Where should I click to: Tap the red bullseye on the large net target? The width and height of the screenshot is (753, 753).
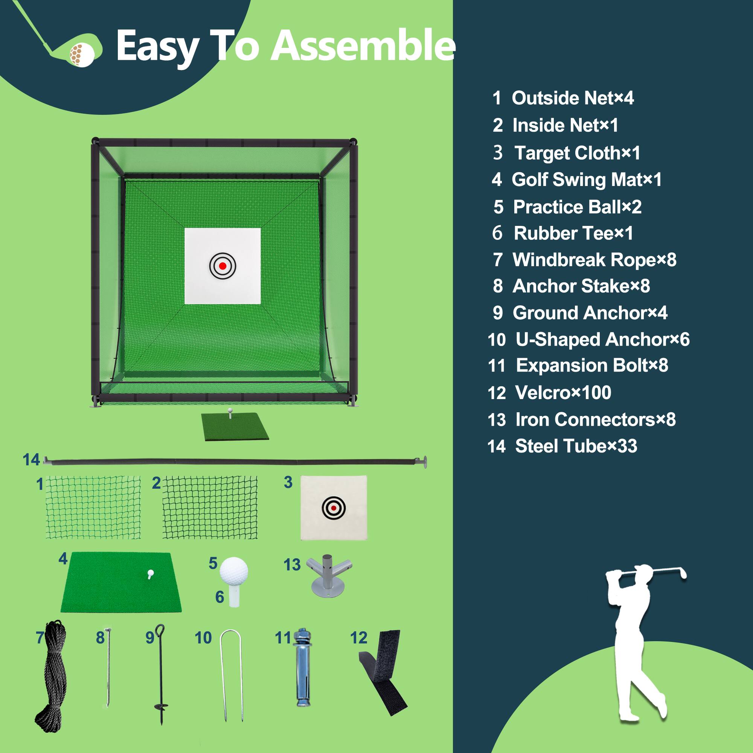[x=223, y=266]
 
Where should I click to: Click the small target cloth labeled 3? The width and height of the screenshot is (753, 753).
[x=334, y=508]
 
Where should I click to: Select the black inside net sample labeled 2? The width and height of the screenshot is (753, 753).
[x=210, y=507]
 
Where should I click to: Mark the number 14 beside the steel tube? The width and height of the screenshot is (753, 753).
[x=31, y=460]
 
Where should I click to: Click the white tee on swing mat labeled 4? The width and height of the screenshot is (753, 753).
[x=151, y=573]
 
